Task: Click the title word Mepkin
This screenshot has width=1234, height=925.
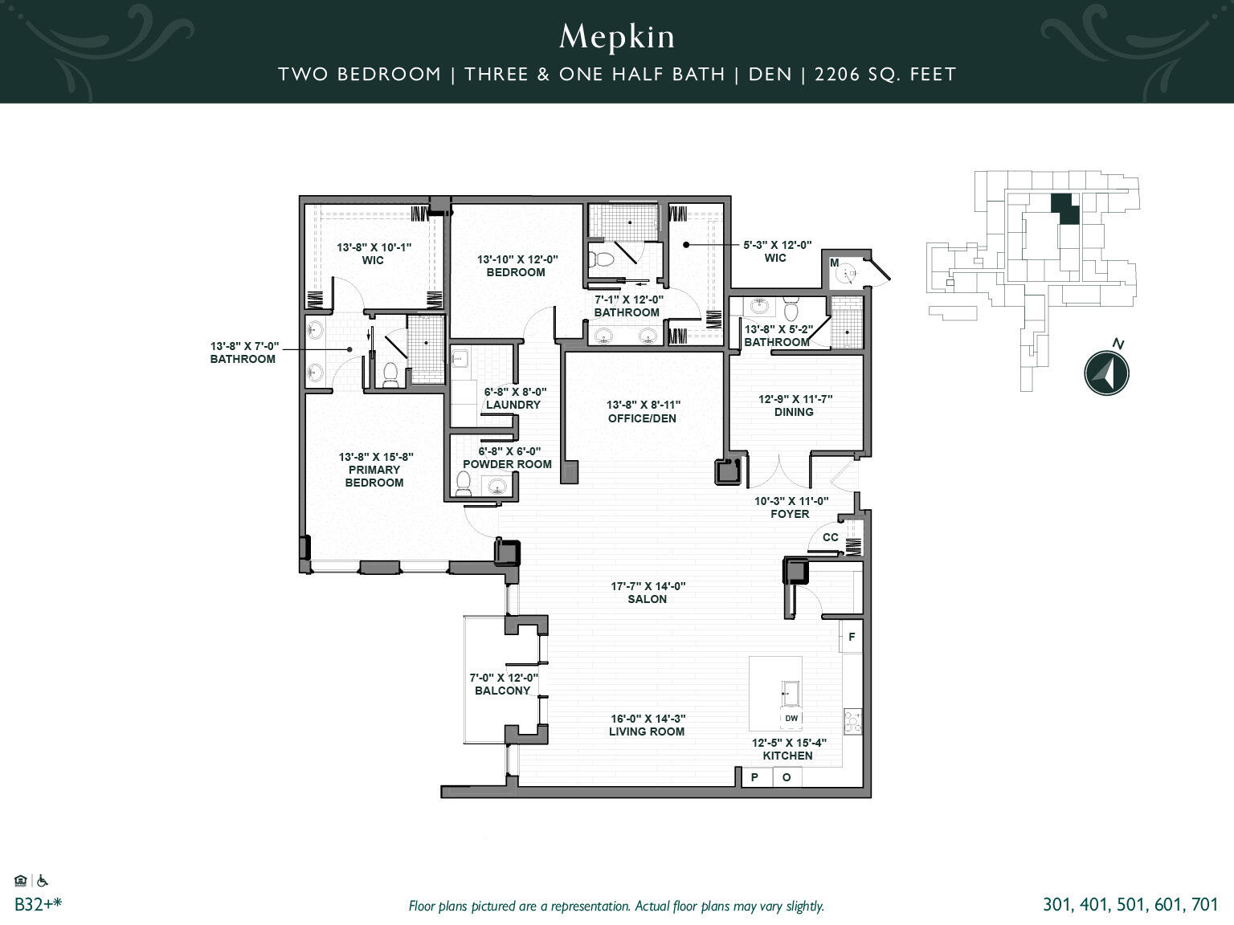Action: tap(617, 37)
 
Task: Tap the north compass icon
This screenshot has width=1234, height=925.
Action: tap(1106, 373)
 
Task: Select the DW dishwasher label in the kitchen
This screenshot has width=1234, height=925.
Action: tap(791, 718)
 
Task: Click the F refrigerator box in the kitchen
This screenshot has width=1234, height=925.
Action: tap(852, 638)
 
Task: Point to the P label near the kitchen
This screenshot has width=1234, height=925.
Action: tap(755, 777)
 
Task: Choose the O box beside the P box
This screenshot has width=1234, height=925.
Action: tap(787, 777)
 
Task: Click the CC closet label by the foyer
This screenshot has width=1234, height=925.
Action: tap(831, 537)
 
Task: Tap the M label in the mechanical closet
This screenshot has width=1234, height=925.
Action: tap(834, 263)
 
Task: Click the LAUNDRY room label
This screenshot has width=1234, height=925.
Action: tap(513, 405)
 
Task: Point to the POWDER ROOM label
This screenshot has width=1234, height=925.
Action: tap(507, 464)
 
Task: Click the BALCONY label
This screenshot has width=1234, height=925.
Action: tap(503, 691)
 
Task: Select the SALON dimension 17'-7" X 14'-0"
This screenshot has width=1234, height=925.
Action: tap(648, 586)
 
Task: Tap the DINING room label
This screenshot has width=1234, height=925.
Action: tap(793, 412)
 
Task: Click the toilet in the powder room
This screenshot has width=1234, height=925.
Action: tap(464, 483)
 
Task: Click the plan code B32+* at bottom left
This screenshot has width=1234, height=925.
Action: tap(38, 905)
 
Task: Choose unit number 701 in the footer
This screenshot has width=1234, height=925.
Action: tap(1204, 905)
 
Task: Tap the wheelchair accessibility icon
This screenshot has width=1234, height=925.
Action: tap(43, 881)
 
